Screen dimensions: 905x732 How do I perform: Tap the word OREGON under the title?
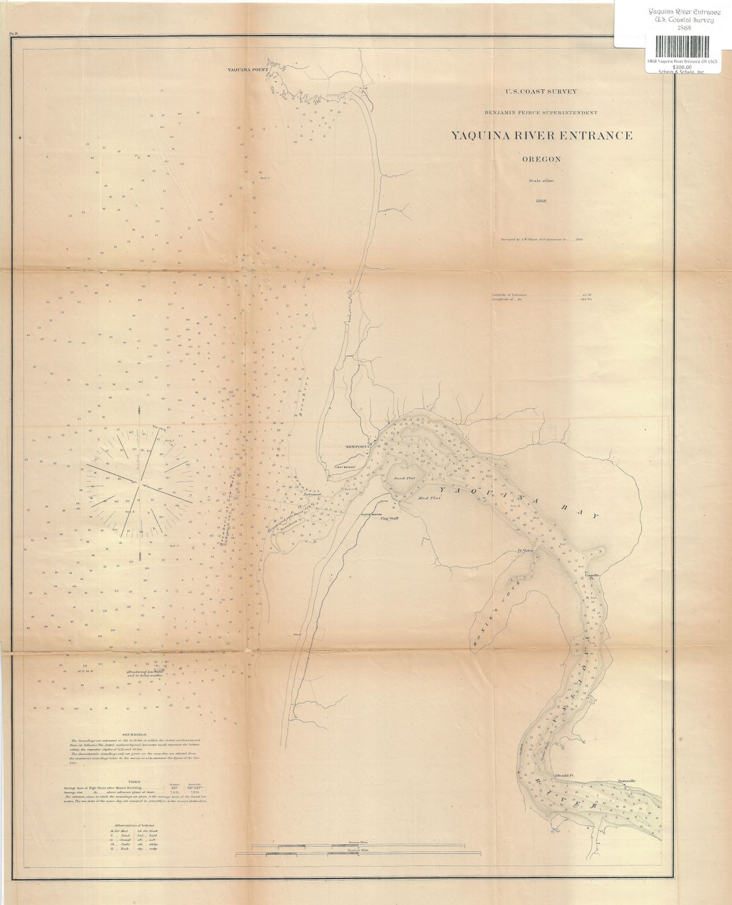[541, 160]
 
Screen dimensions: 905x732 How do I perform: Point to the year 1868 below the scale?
[541, 201]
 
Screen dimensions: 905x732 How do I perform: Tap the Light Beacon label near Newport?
[345, 468]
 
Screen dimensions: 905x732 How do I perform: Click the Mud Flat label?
[430, 498]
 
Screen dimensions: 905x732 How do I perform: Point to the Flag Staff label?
[389, 518]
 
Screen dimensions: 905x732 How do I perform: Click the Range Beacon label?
[372, 514]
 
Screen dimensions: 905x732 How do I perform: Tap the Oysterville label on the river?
[627, 781]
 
